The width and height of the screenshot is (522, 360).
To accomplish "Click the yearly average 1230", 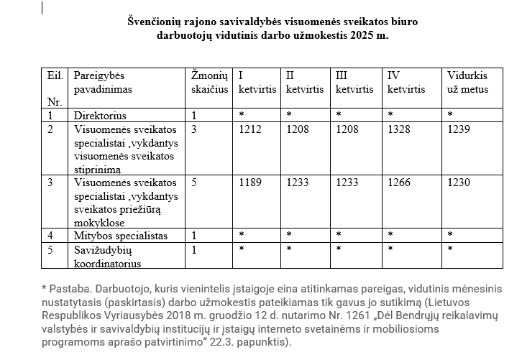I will tap(459, 183).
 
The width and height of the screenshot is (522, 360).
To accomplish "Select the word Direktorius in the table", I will tap(100, 115).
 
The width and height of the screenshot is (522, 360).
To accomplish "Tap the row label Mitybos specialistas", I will tap(121, 236).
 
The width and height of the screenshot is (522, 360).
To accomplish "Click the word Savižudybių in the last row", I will tap(102, 249).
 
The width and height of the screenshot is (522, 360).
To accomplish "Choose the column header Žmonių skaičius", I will tap(210, 83).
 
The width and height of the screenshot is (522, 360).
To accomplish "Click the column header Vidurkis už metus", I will tap(467, 83).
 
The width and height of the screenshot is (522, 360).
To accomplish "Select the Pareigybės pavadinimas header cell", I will tap(104, 83).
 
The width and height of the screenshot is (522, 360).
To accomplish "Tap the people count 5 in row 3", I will tap(194, 183).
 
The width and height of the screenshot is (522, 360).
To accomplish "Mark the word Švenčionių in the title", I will tap(155, 22).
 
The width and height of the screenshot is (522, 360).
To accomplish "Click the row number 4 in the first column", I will tap(50, 236).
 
